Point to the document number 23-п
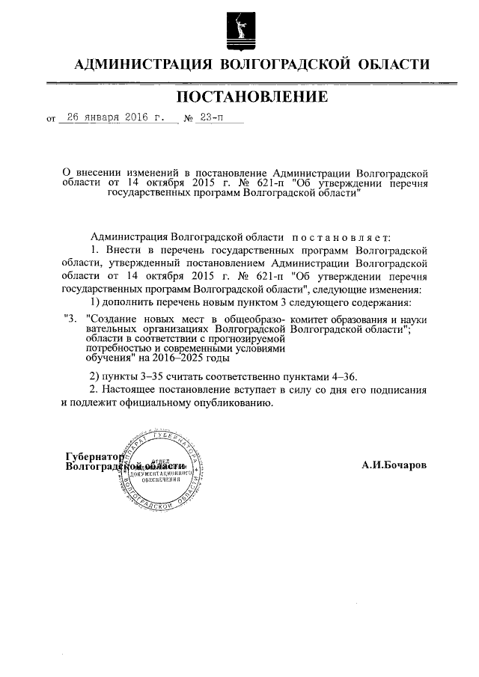(x=212, y=117)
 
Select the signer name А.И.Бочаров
(x=394, y=465)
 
